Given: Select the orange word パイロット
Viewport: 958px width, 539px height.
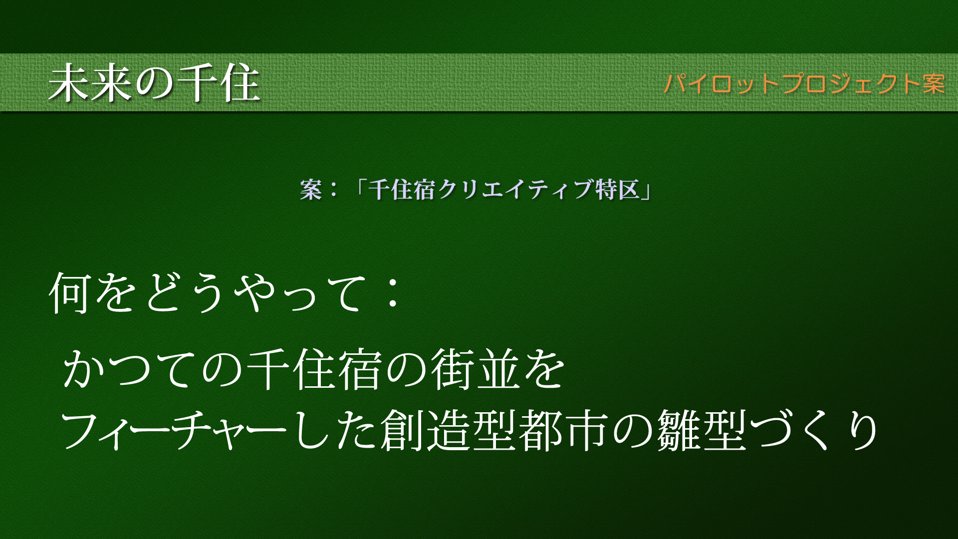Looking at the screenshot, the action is coord(722,83).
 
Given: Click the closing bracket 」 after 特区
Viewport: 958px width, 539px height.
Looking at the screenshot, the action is coord(646,193).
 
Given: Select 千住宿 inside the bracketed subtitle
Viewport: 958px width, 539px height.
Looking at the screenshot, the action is coord(402,190).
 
